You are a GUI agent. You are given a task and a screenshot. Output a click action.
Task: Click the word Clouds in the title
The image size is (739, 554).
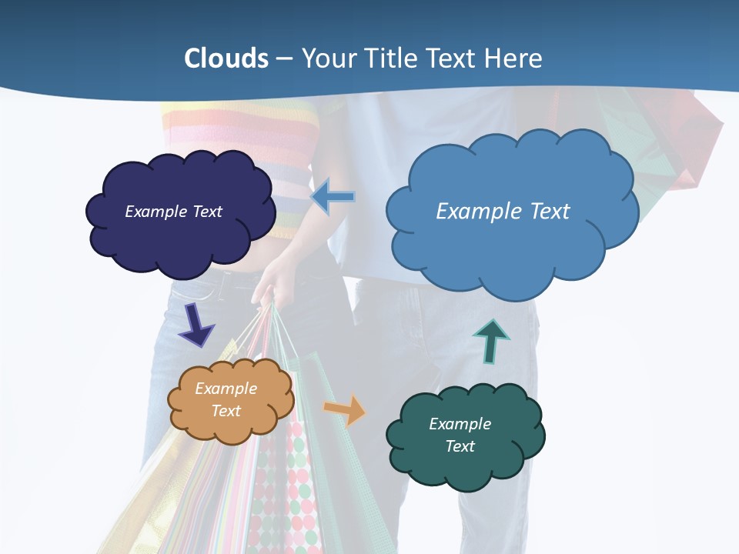[x=226, y=58]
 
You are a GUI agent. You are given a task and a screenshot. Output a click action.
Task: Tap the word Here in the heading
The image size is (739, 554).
[x=513, y=58]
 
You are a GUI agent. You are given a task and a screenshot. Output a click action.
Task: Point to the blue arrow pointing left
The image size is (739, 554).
[x=334, y=197]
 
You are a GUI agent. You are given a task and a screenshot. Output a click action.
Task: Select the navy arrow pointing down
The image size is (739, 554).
[x=196, y=324]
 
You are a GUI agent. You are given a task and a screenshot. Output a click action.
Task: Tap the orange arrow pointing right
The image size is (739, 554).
[x=346, y=409]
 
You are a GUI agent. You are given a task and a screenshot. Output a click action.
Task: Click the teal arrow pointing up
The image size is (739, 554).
[x=491, y=341]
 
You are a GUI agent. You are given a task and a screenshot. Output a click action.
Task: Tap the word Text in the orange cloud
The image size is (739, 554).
[x=226, y=411]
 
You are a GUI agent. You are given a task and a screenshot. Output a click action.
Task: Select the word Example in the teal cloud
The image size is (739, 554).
[x=460, y=424]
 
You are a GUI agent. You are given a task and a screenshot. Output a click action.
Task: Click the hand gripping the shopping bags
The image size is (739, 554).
[x=271, y=285]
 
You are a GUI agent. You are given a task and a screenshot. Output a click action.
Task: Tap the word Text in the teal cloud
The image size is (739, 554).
[x=460, y=446]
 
